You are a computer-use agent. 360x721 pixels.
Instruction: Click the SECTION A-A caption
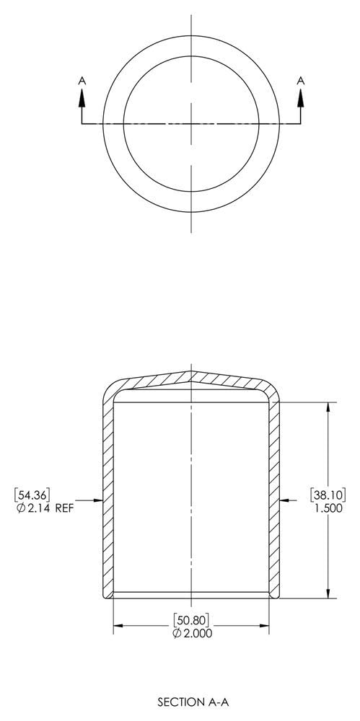tap(187, 700)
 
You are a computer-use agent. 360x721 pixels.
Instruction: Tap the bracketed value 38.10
tap(328, 494)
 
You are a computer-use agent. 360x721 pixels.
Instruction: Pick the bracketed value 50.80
tap(190, 619)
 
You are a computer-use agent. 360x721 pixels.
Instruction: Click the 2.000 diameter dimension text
tap(190, 632)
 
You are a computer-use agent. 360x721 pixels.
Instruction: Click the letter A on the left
tap(82, 82)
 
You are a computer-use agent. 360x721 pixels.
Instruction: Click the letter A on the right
tap(301, 82)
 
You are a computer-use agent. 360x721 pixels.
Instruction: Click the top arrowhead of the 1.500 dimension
tap(329, 406)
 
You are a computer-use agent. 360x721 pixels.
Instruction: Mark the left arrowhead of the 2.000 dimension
tap(117, 626)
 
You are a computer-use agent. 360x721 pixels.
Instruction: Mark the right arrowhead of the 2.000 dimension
tap(265, 626)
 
